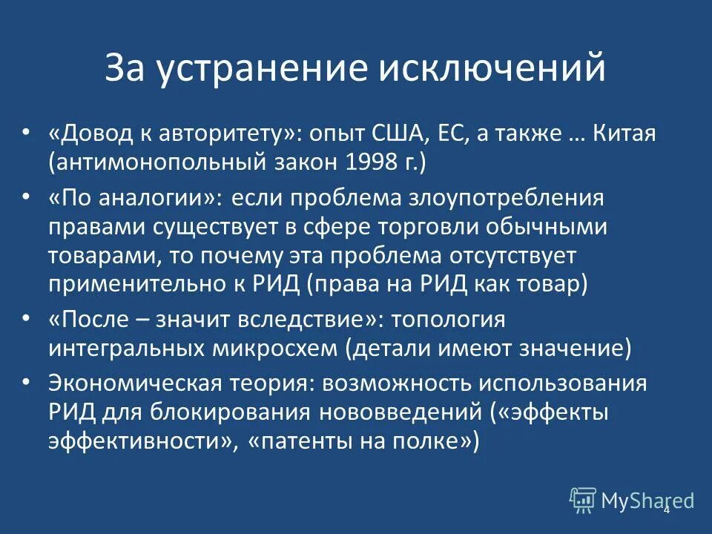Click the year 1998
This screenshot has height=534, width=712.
[354, 163]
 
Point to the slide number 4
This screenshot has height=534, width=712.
[666, 510]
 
